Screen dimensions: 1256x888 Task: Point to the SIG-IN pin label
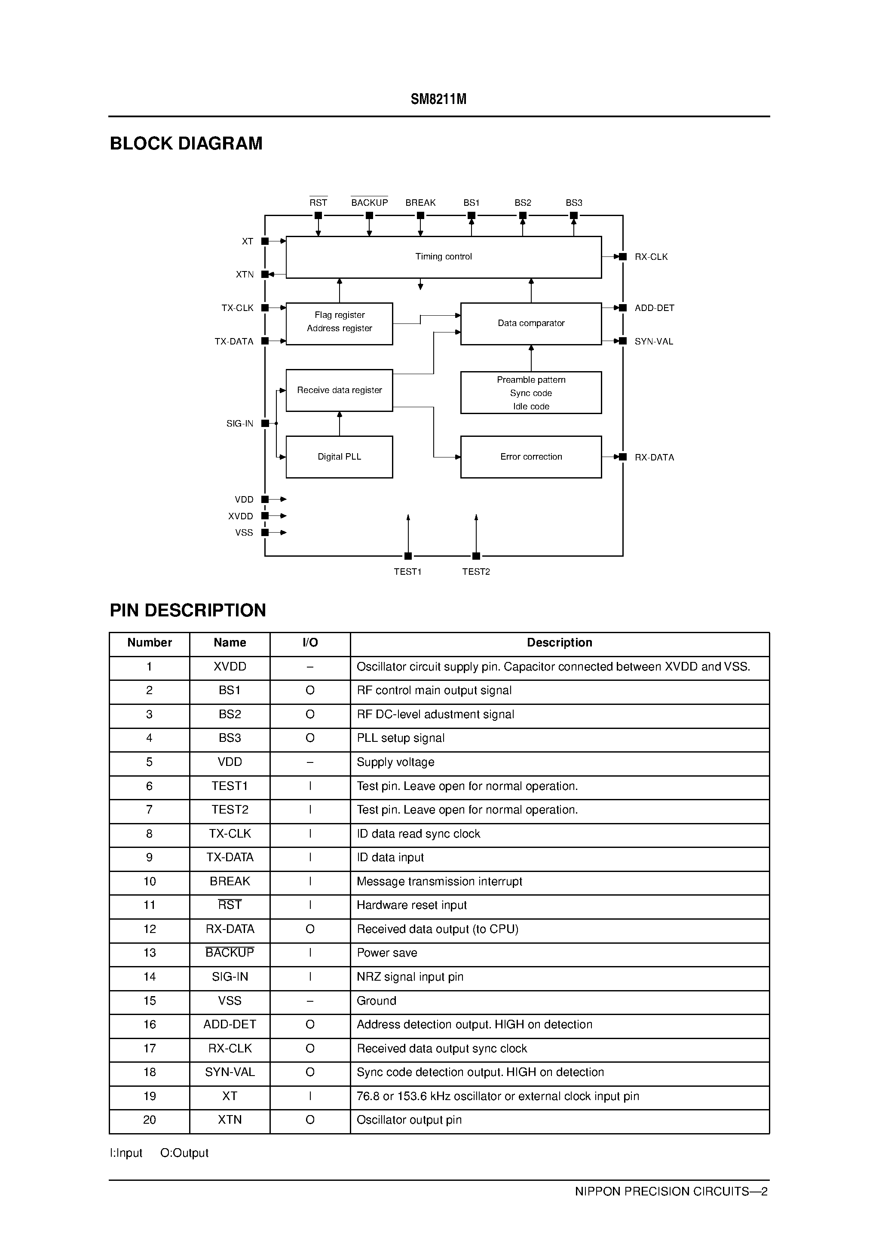(x=240, y=424)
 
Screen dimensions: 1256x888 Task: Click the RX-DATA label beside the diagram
(x=654, y=457)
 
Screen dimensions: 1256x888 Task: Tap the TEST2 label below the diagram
(x=476, y=572)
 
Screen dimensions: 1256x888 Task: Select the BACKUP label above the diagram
(x=370, y=202)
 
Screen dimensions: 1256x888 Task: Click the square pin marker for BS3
(x=574, y=216)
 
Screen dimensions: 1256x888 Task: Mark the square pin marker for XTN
(x=265, y=274)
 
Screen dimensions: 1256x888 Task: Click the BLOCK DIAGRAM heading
(x=186, y=143)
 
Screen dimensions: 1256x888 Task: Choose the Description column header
(x=560, y=643)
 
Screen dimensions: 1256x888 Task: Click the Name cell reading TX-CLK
(x=230, y=834)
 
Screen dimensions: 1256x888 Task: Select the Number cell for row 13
(x=150, y=953)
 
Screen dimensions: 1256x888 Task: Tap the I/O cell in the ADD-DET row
(x=310, y=1024)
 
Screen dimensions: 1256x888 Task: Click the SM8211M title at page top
(x=438, y=99)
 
